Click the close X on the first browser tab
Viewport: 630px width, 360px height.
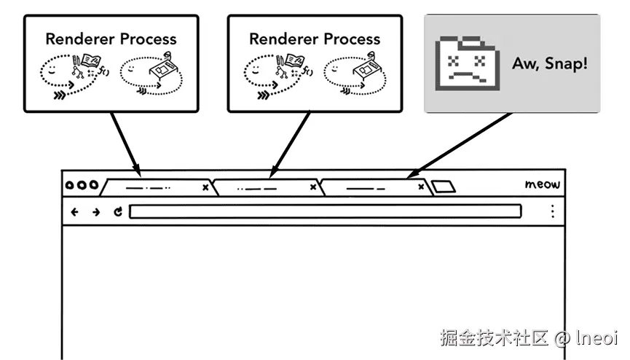[x=205, y=187]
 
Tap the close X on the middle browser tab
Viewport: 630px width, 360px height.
[x=313, y=187]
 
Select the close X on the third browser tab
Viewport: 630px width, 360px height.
[x=421, y=187]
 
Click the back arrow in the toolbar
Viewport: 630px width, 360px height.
[x=74, y=212]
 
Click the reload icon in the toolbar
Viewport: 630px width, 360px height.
[x=118, y=211]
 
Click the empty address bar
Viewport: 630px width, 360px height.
[x=325, y=211]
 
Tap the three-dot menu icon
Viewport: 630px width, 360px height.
[x=553, y=211]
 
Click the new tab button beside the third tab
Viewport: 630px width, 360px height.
[x=443, y=187]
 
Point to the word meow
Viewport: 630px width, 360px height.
[x=542, y=184]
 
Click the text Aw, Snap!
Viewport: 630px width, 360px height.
[x=550, y=63]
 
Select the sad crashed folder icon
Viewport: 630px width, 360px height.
[x=468, y=63]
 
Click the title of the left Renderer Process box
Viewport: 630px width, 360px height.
[x=111, y=39]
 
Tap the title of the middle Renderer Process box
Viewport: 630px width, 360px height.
[x=315, y=39]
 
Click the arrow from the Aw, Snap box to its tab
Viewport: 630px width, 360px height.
[x=460, y=145]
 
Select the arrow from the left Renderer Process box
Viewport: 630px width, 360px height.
[x=126, y=144]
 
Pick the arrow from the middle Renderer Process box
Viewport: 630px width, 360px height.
[x=290, y=144]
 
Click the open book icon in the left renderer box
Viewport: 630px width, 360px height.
[x=91, y=60]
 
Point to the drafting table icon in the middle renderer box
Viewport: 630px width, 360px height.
[x=366, y=67]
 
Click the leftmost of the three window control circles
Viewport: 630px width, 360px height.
[x=69, y=185]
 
